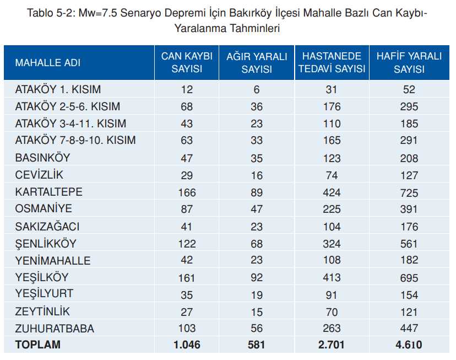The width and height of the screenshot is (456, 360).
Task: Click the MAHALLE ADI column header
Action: (48, 62)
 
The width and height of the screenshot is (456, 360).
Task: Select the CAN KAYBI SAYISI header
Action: (187, 62)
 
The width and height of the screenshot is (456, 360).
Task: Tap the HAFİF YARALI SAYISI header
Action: (409, 62)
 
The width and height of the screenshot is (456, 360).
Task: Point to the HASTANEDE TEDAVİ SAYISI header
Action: (332, 62)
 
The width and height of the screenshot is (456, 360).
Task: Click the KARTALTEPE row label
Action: (49, 192)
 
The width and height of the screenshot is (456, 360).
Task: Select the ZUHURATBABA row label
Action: (55, 329)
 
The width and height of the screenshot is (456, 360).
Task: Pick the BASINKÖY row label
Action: (43, 158)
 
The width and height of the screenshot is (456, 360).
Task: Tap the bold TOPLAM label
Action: (38, 345)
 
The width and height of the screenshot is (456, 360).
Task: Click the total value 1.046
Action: (187, 345)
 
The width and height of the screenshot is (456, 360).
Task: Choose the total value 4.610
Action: (409, 345)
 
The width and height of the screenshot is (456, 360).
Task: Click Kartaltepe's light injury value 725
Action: (409, 192)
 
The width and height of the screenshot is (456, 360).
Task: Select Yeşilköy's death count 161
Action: (187, 278)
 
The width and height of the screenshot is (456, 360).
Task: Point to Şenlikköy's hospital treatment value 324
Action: (332, 244)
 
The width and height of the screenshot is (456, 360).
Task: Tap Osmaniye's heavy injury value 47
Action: (257, 209)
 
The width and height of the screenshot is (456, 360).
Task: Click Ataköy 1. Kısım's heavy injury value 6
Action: (257, 90)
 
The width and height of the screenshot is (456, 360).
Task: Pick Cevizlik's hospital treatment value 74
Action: (332, 175)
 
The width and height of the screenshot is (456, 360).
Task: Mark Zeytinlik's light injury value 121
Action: (409, 312)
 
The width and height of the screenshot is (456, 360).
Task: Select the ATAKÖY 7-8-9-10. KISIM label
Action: (75, 140)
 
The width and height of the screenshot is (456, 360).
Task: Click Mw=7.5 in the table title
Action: (97, 13)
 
